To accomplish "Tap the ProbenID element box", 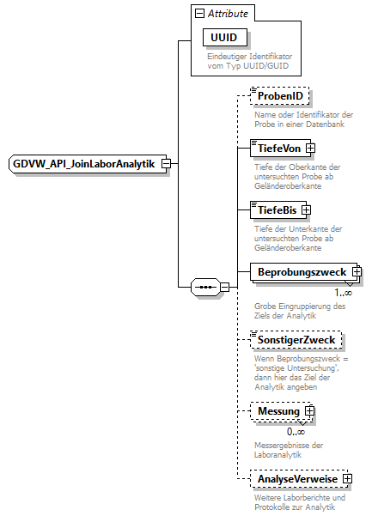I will tap(279, 96).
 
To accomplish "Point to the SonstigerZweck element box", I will tap(296, 340).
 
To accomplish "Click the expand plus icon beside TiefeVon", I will tap(295, 148).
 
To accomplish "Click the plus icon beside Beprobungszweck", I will tap(356, 273).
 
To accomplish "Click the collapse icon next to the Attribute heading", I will tap(200, 14).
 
